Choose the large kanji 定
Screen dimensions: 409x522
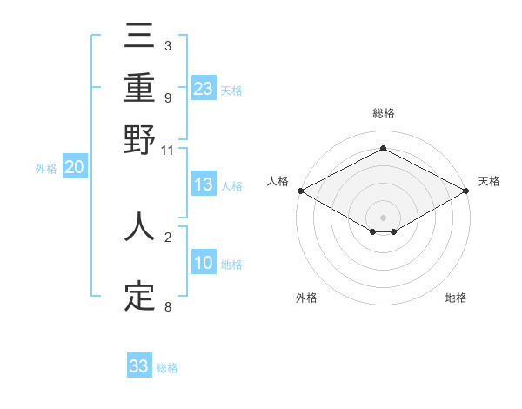tap(139, 297)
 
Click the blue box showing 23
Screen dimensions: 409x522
tap(203, 88)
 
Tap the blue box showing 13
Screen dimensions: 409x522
tap(203, 184)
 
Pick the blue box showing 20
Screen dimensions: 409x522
tap(74, 168)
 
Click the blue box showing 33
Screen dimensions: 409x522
tap(139, 366)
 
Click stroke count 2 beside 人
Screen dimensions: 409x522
tap(168, 236)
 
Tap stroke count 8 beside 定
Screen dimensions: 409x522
tap(168, 306)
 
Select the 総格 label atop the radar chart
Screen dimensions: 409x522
tap(383, 113)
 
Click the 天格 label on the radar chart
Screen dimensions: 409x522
tap(489, 181)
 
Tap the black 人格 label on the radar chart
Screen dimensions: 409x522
tap(278, 181)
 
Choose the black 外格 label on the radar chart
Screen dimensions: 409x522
tap(305, 298)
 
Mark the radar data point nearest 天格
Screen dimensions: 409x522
tap(467, 191)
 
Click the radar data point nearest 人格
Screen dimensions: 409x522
tap(299, 191)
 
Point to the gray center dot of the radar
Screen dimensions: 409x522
tap(383, 217)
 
